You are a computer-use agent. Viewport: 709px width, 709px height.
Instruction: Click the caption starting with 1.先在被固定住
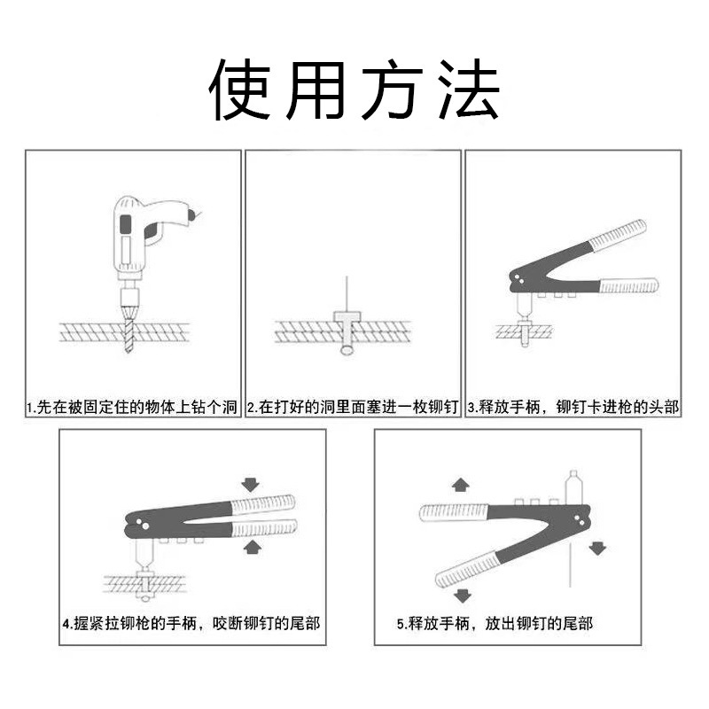[133, 408]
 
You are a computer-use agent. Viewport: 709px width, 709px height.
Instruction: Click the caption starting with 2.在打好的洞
[353, 408]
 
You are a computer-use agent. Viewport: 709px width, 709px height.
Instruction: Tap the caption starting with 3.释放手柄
[573, 408]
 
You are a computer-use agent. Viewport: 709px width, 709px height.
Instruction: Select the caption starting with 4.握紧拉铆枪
[191, 623]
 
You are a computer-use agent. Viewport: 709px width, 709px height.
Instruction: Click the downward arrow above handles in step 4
[251, 484]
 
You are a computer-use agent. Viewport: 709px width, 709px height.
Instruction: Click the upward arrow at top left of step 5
[460, 484]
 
